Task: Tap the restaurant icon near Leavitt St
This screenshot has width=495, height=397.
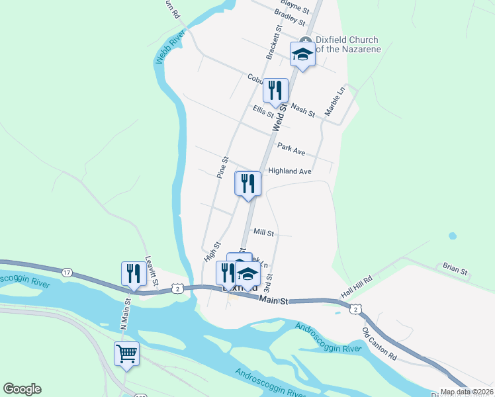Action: (134, 273)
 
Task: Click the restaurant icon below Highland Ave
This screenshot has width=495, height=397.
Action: (248, 183)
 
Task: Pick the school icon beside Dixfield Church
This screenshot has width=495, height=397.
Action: (302, 54)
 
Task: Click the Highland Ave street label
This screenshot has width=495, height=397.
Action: (289, 171)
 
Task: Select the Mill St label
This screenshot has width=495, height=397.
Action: (264, 232)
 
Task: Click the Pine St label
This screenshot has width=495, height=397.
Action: (222, 167)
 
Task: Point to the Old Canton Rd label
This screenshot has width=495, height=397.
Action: (379, 344)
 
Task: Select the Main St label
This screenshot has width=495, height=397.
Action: (274, 301)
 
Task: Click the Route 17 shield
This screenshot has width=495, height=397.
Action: (67, 272)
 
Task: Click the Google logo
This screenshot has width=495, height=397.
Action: (22, 389)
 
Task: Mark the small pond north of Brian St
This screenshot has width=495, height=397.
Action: (452, 236)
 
